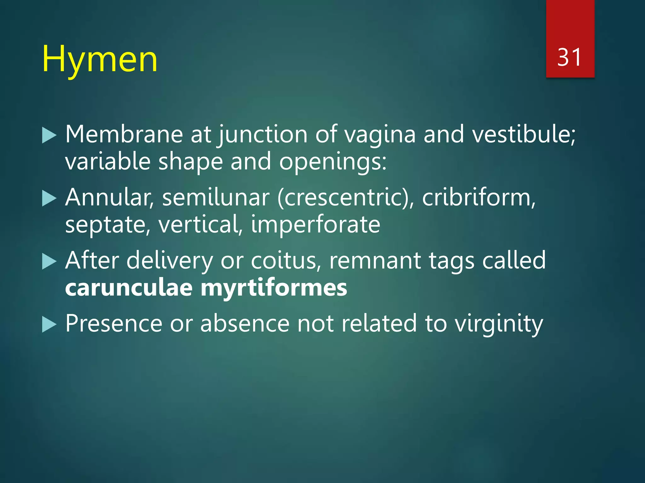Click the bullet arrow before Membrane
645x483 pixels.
point(49,136)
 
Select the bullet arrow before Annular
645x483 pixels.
point(49,199)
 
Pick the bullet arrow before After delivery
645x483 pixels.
point(49,262)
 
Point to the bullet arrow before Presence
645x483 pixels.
point(49,325)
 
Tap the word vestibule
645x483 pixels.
point(523,134)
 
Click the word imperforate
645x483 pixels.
point(316,225)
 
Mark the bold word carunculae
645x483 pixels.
point(129,288)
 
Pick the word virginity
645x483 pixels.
point(499,324)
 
